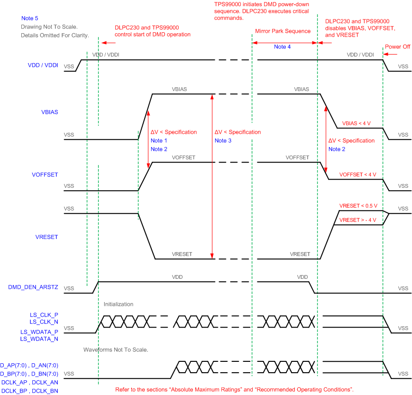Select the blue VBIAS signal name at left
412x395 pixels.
click(x=50, y=112)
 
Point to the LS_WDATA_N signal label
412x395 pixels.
click(x=39, y=339)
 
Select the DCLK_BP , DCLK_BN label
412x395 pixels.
click(x=29, y=390)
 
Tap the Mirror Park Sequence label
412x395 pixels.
click(x=283, y=31)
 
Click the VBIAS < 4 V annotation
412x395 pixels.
click(x=356, y=123)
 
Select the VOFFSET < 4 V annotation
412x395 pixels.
click(x=358, y=175)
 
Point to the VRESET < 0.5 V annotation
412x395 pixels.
click(x=358, y=206)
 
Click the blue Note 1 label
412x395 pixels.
click(x=159, y=140)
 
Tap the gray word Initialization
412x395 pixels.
click(x=119, y=304)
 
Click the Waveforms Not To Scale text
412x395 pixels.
click(x=116, y=349)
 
